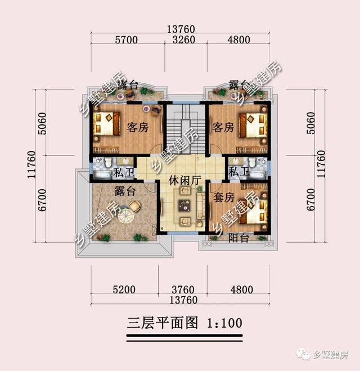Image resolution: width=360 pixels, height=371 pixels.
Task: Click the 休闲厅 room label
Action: (x=185, y=181)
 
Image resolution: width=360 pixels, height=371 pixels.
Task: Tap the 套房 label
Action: (x=223, y=198)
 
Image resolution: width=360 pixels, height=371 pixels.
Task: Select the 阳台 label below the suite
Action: (x=240, y=238)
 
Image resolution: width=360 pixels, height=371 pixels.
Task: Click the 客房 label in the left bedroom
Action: (x=137, y=128)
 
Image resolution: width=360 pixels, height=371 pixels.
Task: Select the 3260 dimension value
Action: (x=183, y=40)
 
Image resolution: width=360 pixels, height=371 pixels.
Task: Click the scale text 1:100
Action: (x=224, y=323)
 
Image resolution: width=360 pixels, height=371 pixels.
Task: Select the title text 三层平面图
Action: (x=163, y=323)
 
